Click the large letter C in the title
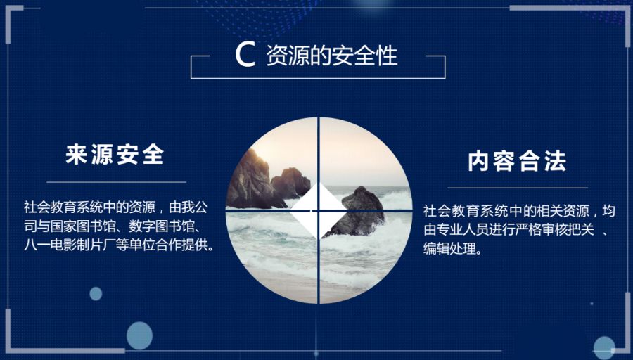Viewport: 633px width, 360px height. pos(245,56)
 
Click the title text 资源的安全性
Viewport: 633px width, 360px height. pos(332,56)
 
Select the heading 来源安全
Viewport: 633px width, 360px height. pos(115,155)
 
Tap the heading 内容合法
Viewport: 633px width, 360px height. pos(518,162)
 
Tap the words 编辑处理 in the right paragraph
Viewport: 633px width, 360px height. pos(448,249)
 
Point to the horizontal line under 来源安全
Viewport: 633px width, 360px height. pos(115,182)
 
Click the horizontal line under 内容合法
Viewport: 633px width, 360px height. pos(518,188)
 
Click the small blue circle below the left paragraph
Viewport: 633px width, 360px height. pos(96,293)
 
